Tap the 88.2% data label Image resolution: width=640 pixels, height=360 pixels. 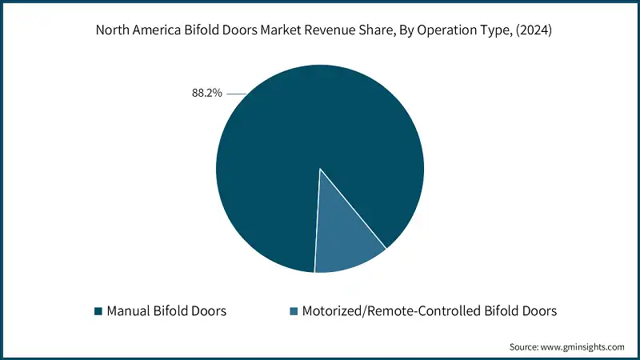tap(207, 94)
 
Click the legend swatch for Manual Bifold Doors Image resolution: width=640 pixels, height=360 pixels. tap(98, 310)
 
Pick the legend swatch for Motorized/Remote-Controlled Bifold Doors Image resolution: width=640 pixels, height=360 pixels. tap(293, 310)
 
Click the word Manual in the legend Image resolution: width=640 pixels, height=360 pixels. tap(128, 310)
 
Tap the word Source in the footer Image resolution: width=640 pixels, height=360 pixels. tap(525, 347)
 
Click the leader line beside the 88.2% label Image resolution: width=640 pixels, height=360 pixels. tap(237, 94)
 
